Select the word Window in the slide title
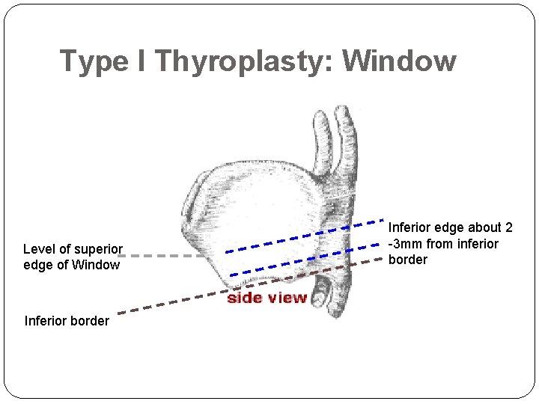pyautogui.click(x=399, y=61)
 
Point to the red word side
pyautogui.click(x=244, y=298)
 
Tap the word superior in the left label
pyautogui.click(x=99, y=249)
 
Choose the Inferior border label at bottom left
pyautogui.click(x=67, y=321)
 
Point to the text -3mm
pyautogui.click(x=405, y=244)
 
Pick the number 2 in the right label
pyautogui.click(x=508, y=228)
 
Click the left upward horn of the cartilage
pyautogui.click(x=322, y=138)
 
